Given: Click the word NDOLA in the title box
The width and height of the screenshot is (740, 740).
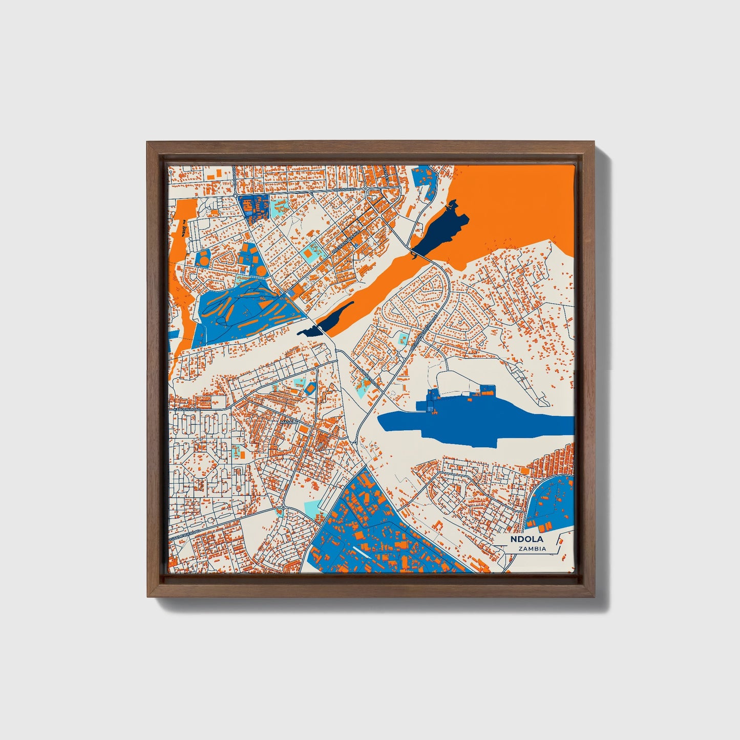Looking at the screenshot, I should pos(526,539).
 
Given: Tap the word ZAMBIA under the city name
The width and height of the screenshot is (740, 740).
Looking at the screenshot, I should pos(532,549).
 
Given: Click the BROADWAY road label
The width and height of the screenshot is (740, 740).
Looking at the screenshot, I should pos(344,189).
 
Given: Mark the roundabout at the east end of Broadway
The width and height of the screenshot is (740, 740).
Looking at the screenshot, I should pos(366,189).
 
